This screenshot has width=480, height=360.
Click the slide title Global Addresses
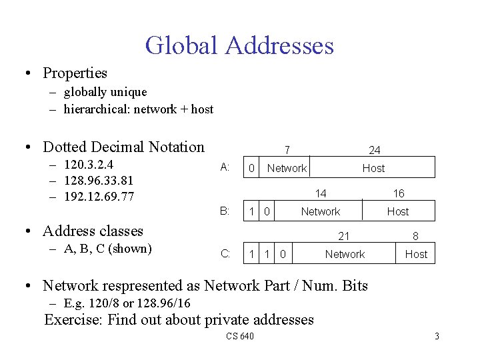pyautogui.click(x=239, y=45)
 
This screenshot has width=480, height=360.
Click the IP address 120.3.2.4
pyautogui.click(x=89, y=165)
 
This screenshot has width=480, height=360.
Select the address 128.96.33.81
pyautogui.click(x=99, y=181)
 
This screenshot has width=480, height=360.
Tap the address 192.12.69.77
pyautogui.click(x=99, y=197)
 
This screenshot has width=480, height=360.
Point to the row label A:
pyautogui.click(x=225, y=167)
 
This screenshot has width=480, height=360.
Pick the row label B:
pyautogui.click(x=225, y=211)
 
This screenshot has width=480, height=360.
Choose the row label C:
pyautogui.click(x=225, y=254)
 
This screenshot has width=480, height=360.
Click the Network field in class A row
pyautogui.click(x=287, y=168)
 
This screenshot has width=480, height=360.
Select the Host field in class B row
pyautogui.click(x=398, y=211)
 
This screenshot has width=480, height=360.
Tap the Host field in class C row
pyautogui.click(x=416, y=254)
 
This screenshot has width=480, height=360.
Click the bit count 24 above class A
pyautogui.click(x=375, y=151)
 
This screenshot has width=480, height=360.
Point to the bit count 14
pyautogui.click(x=321, y=194)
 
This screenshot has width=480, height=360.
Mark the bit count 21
pyautogui.click(x=344, y=236)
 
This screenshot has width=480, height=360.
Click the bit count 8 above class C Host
pyautogui.click(x=415, y=236)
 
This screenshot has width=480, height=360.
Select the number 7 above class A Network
pyautogui.click(x=286, y=151)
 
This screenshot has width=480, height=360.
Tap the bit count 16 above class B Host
pyautogui.click(x=398, y=194)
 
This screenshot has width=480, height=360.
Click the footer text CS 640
pyautogui.click(x=240, y=336)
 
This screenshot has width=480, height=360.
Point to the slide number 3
pyautogui.click(x=437, y=336)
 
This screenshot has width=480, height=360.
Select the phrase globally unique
pyautogui.click(x=105, y=92)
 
